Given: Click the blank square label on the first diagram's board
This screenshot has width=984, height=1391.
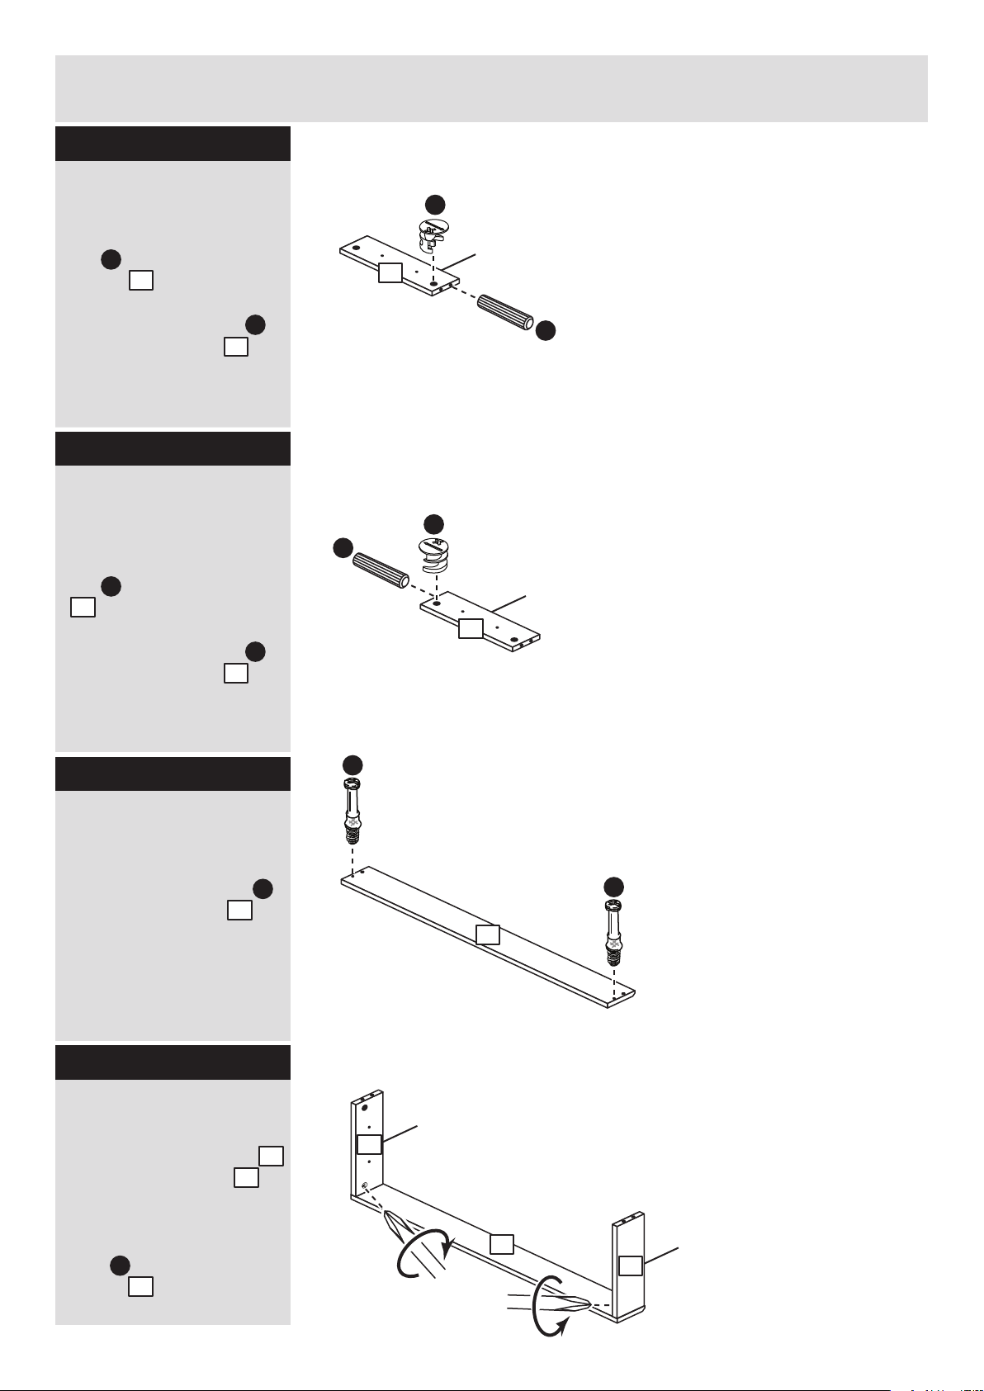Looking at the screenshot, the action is pyautogui.click(x=390, y=272).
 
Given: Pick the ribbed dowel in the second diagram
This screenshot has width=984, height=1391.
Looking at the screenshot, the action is pyautogui.click(x=381, y=570).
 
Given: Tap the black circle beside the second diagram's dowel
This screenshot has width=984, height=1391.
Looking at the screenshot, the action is pyautogui.click(x=343, y=547).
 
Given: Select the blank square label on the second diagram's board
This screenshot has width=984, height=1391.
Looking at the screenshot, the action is pyautogui.click(x=471, y=628).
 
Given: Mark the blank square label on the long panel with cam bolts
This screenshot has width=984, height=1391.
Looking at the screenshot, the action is pyautogui.click(x=488, y=934).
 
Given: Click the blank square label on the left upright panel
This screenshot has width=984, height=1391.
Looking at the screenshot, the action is pyautogui.click(x=369, y=1144).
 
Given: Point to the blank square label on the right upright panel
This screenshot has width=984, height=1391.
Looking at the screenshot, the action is pyautogui.click(x=631, y=1266).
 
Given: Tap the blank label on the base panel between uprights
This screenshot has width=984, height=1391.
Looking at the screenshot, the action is pyautogui.click(x=502, y=1243).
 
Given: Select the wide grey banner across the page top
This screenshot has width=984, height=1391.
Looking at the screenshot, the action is pyautogui.click(x=491, y=88).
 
